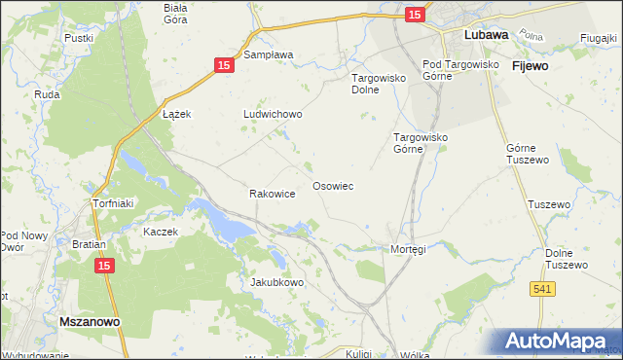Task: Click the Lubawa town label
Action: [488, 34]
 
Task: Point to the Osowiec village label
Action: [332, 185]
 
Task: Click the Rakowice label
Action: [273, 194]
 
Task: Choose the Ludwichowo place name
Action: [273, 114]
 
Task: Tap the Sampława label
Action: [269, 55]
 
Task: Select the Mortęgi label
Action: [408, 249]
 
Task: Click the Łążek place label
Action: [176, 114]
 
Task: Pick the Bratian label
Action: [89, 244]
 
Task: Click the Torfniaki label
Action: [111, 204]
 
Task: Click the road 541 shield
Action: [544, 289]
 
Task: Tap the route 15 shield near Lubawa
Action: [415, 14]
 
